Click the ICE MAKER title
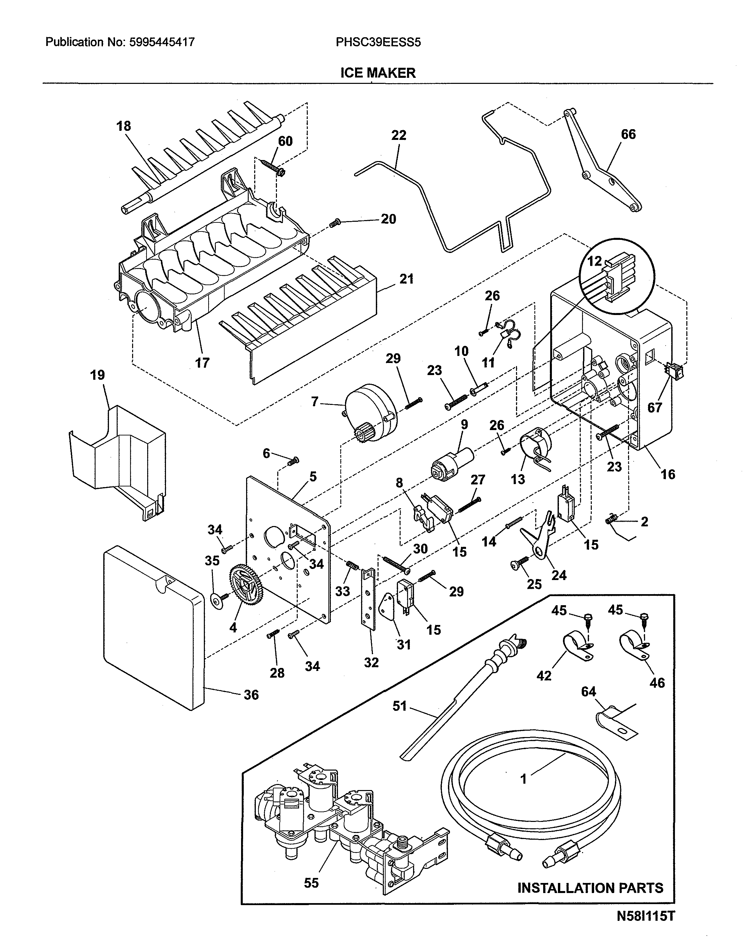(x=378, y=73)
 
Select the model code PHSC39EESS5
(x=378, y=42)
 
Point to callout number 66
(x=628, y=134)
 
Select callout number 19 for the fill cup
(x=98, y=375)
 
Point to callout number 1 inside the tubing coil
(x=523, y=779)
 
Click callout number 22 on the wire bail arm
(x=398, y=135)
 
